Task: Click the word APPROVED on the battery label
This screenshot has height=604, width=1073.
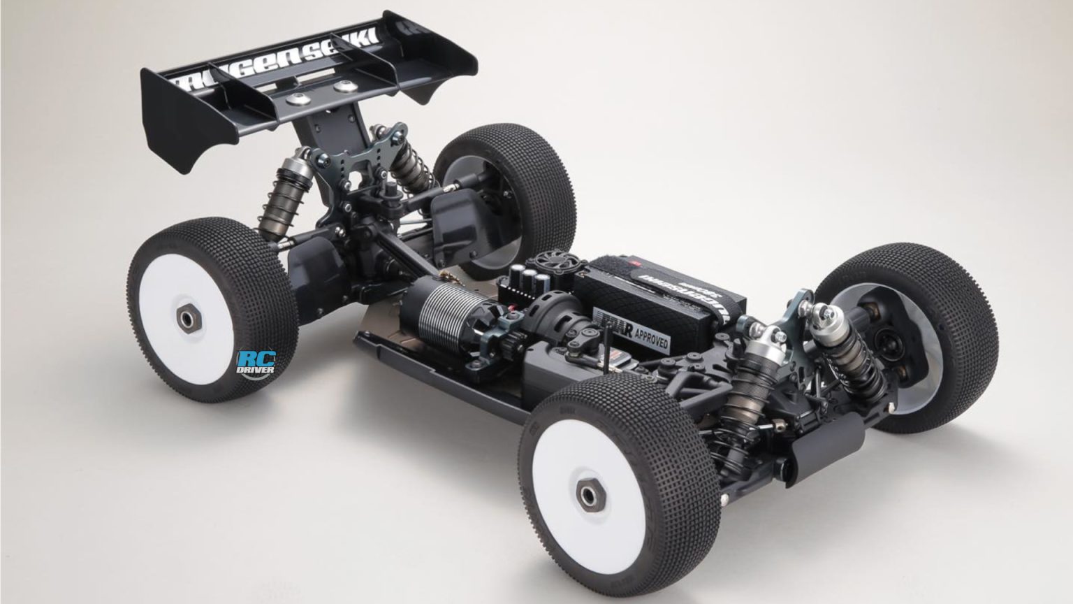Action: (x=650, y=339)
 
